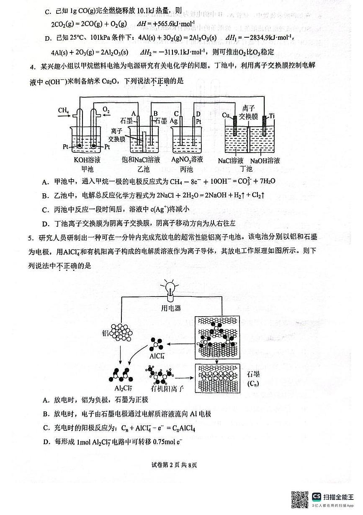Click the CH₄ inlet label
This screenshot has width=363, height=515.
coord(64,110)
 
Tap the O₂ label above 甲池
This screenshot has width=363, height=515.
coord(106,110)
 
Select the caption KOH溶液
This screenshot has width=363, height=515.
coord(87,160)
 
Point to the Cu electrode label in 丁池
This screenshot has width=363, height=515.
coord(226,115)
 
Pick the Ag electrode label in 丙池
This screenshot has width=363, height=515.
coord(175,120)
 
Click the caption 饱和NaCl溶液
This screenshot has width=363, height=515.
coord(141,160)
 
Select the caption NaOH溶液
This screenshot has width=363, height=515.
coord(265,161)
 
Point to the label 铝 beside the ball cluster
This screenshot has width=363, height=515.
coord(106,333)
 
